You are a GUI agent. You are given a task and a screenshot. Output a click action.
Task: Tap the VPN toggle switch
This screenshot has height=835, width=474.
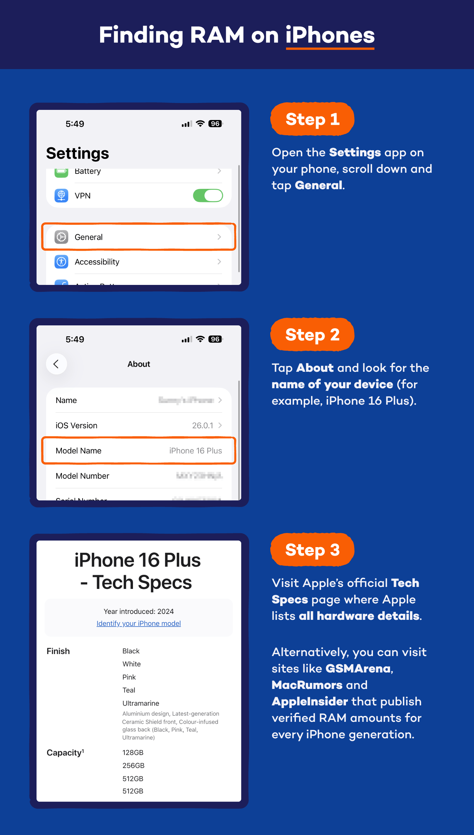[x=208, y=195]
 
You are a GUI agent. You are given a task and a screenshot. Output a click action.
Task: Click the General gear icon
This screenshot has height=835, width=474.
[x=62, y=237]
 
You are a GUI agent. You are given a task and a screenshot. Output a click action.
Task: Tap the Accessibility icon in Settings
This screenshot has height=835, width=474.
[x=62, y=262]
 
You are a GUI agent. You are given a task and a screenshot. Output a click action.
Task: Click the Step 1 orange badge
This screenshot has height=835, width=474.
[x=312, y=119]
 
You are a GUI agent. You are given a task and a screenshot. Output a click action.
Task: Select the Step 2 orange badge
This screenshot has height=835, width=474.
[x=312, y=335]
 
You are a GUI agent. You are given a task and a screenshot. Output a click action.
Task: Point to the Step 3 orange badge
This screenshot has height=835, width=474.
[x=312, y=550]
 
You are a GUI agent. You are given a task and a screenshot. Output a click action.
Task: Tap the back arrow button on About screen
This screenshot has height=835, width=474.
[x=56, y=364]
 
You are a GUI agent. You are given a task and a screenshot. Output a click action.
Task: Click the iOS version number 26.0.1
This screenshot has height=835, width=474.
[x=202, y=425]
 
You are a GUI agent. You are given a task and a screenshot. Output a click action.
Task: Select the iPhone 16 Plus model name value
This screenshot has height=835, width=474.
[x=196, y=451]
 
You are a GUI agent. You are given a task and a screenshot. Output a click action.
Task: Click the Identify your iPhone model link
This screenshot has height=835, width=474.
[x=139, y=623]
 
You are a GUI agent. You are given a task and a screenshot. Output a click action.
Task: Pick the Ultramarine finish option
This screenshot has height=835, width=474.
[x=141, y=703]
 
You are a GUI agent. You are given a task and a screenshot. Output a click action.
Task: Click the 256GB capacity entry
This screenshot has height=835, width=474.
[x=133, y=766]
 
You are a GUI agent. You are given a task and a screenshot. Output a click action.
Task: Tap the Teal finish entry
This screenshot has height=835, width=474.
[x=129, y=690]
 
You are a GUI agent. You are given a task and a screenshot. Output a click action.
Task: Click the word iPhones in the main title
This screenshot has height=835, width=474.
[x=330, y=35]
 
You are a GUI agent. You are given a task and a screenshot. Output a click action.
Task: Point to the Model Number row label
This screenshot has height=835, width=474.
[x=82, y=476]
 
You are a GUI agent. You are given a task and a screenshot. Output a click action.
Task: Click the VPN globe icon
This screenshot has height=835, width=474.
[x=62, y=195]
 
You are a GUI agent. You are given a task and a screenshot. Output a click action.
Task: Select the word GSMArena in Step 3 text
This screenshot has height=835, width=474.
[x=358, y=669]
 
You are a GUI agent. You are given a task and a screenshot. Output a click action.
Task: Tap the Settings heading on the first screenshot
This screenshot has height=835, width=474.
[x=77, y=153]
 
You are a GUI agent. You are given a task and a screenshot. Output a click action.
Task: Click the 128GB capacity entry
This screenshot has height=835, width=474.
[x=133, y=753]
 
